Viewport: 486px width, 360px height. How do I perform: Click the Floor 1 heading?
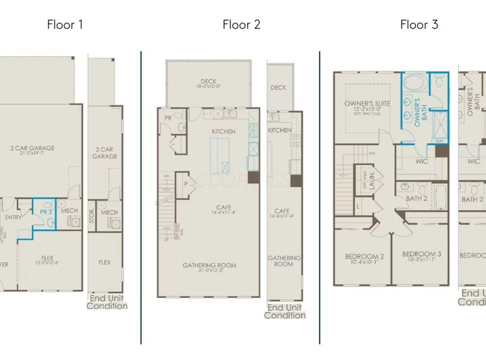coord(65,25)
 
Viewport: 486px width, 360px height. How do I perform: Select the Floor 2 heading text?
coord(241,25)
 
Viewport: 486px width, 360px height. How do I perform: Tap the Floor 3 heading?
coord(418,25)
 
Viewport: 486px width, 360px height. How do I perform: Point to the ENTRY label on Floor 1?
coord(13,217)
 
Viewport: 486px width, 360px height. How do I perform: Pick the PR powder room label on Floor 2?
coord(167,118)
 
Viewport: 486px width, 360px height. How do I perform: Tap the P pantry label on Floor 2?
coord(184,182)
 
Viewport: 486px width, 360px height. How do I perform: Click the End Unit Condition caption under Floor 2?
coord(284,311)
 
